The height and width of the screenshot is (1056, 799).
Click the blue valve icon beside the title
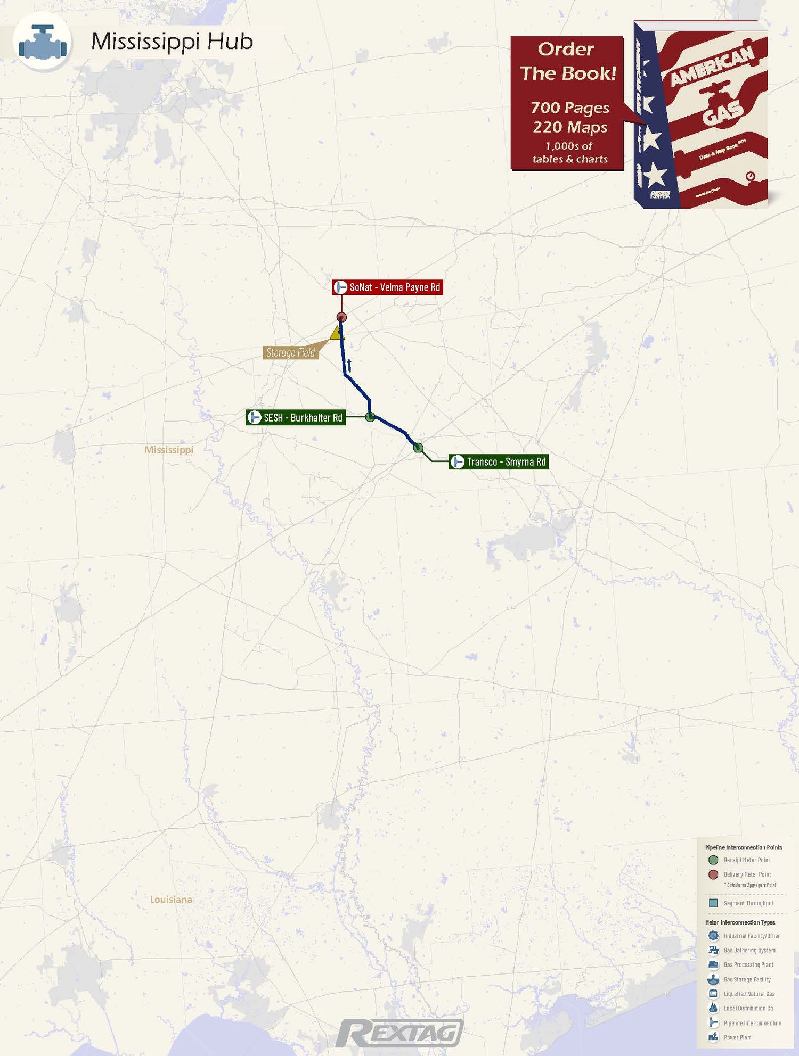[43, 43]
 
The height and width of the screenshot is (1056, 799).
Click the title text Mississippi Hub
[172, 42]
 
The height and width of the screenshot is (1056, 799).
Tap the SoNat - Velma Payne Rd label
[388, 287]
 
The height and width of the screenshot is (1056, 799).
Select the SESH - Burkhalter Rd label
[296, 418]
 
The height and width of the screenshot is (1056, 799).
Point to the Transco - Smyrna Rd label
[499, 462]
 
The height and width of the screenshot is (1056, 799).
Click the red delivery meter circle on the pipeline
[342, 318]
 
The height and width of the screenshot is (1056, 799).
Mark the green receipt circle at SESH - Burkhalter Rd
[370, 417]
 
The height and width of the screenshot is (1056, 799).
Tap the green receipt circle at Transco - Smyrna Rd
[418, 448]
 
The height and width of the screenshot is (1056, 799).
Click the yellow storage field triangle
[337, 333]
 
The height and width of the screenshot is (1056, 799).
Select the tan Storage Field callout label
[290, 352]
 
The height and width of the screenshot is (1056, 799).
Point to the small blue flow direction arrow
[349, 365]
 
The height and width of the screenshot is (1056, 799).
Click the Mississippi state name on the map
[169, 450]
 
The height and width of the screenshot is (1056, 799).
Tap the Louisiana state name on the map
[171, 900]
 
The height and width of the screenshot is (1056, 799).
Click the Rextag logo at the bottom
[399, 1034]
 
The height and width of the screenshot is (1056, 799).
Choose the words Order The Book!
[567, 61]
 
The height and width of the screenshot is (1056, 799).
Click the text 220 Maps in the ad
[570, 127]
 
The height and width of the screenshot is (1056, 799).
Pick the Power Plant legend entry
[737, 1037]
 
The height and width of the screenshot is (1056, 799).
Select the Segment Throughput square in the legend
[713, 903]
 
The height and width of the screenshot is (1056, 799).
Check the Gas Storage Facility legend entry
[747, 979]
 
